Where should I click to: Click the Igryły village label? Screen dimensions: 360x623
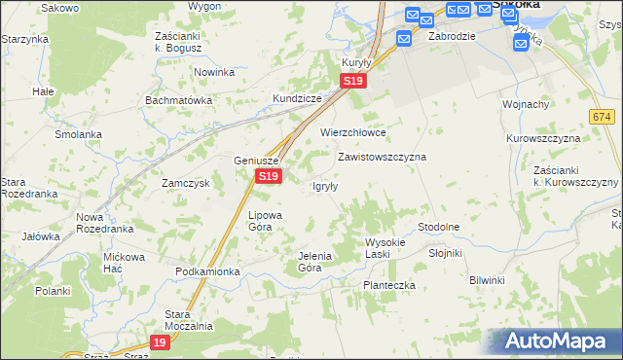[x=324, y=187]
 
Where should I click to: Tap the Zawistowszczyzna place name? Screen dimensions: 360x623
[x=382, y=156]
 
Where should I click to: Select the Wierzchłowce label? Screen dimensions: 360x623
[x=353, y=132]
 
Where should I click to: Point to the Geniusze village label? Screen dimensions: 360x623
[x=257, y=161]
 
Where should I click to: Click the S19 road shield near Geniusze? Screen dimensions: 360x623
[x=269, y=176]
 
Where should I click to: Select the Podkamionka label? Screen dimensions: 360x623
[x=207, y=271]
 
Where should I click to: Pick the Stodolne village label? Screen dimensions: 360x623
[x=438, y=227]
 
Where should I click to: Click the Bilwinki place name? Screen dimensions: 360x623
[x=487, y=280]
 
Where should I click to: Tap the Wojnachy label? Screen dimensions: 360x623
[x=526, y=104]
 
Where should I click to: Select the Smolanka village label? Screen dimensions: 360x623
[x=79, y=134]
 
